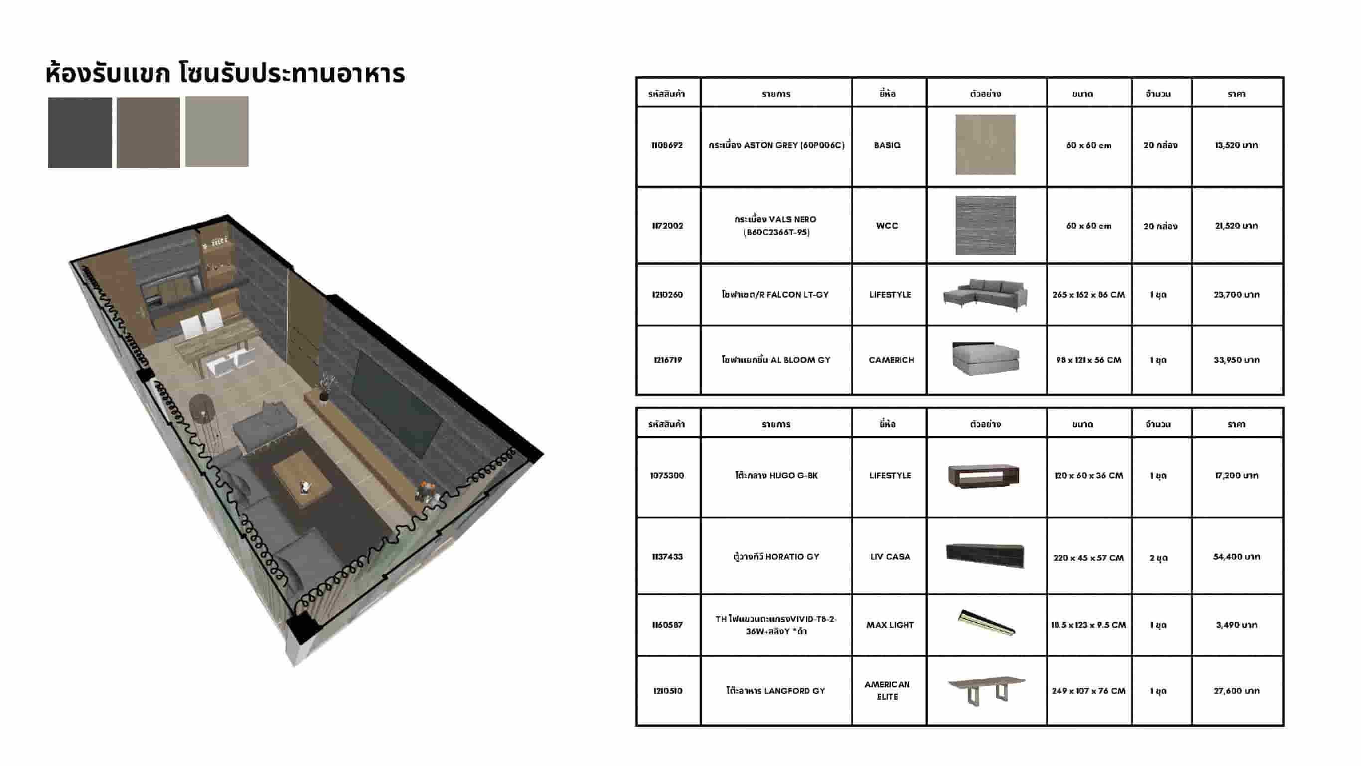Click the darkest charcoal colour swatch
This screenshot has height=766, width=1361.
click(80, 132)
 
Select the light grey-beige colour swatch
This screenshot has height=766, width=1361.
click(217, 131)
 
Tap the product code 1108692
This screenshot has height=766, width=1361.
click(667, 145)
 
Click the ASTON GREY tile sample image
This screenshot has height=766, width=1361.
click(985, 144)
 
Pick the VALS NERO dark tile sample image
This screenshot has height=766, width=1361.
click(985, 226)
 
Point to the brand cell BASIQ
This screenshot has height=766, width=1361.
click(887, 145)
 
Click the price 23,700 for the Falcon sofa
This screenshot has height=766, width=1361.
click(1236, 294)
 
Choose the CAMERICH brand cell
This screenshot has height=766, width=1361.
click(892, 360)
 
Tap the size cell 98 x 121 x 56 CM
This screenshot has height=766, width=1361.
click(1088, 360)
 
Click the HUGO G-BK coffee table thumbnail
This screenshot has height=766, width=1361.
click(984, 476)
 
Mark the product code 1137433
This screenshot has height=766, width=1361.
click(667, 556)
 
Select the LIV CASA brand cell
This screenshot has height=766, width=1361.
click(890, 556)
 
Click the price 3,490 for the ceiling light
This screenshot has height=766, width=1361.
click(1236, 625)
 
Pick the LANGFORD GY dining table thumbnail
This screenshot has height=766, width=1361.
click(986, 690)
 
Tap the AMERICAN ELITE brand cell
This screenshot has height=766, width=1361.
click(887, 690)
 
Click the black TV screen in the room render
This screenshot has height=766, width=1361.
click(397, 403)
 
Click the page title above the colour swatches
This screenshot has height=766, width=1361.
click(226, 73)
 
